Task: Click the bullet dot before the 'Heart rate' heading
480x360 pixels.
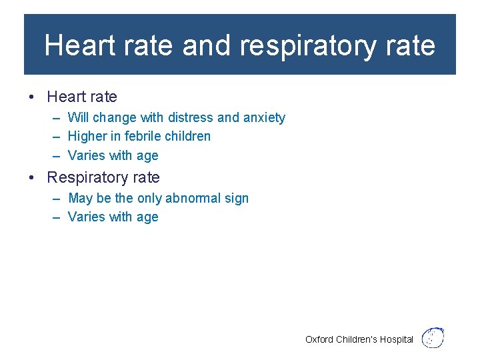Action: [x=32, y=97]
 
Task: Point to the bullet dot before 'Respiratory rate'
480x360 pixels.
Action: [x=32, y=178]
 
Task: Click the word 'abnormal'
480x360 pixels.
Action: [x=193, y=198]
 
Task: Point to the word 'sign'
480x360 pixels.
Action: [x=237, y=199]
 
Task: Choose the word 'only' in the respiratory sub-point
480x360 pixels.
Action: [x=149, y=199]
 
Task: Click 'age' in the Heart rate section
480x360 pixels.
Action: [x=147, y=157]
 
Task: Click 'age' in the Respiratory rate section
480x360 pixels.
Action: [x=147, y=218]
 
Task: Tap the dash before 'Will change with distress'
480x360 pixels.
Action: [x=55, y=118]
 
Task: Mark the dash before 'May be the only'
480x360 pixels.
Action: [x=55, y=199]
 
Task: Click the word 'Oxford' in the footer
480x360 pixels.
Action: [x=319, y=339]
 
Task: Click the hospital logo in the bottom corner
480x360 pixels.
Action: [x=433, y=337]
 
